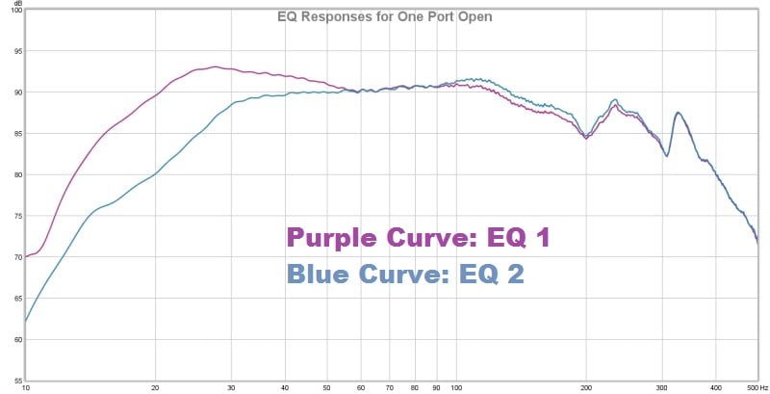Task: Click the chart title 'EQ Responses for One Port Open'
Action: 385,15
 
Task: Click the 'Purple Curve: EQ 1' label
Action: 419,238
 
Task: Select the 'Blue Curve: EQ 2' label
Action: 405,274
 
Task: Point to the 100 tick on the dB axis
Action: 16,10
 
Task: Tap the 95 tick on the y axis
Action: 16,51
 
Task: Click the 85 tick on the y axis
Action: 16,134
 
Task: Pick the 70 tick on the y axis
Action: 16,257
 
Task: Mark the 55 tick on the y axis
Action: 16,381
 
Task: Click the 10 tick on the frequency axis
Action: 25,388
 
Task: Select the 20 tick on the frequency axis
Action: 155,388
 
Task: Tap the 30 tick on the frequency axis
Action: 231,388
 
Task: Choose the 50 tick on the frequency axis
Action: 327,388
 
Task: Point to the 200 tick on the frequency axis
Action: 585,388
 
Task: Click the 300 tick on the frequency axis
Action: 661,388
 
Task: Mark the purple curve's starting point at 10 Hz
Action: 26,257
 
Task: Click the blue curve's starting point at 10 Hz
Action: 26,322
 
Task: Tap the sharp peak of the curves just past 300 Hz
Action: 679,113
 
